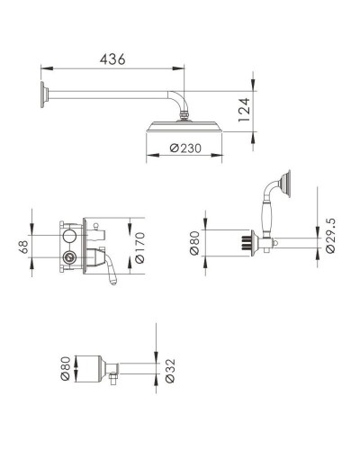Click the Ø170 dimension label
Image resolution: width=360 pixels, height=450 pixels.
click(x=139, y=247)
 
